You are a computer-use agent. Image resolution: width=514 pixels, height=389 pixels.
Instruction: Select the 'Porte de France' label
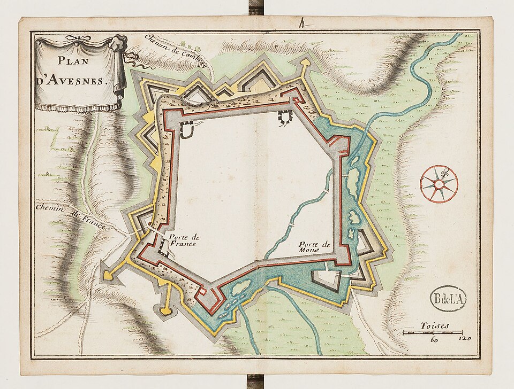pyautogui.click(x=183, y=240)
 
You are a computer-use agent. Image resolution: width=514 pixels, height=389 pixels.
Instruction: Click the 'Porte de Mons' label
pyautogui.click(x=316, y=246)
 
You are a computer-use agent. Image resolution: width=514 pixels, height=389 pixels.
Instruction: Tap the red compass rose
pyautogui.click(x=439, y=184)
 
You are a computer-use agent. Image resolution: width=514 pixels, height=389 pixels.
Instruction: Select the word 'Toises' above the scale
pyautogui.click(x=435, y=325)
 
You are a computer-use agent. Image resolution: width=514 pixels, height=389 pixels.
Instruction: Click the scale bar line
pyautogui.click(x=433, y=333)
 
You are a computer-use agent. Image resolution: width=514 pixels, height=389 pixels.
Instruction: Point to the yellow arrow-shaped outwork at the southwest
pyautogui.click(x=109, y=274)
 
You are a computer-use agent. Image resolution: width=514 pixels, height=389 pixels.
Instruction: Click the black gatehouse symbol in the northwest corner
pyautogui.click(x=187, y=128)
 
